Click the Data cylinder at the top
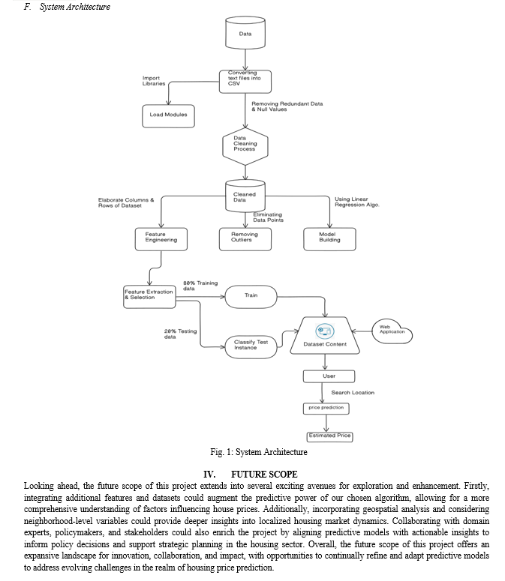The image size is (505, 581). point(245,32)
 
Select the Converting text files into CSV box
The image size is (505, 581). point(245,82)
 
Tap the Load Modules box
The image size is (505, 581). point(168,116)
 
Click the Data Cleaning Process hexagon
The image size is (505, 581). point(245,146)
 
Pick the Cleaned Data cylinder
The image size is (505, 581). point(245,196)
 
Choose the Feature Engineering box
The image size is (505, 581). point(161,239)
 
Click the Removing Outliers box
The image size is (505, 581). point(245,239)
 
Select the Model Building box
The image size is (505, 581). point(329,239)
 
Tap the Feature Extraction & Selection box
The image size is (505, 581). point(149,296)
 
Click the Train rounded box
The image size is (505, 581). point(251,296)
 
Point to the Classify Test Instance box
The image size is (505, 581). point(251,347)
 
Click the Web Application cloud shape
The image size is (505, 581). point(392,331)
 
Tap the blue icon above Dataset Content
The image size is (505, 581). point(325,331)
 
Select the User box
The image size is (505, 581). point(329,376)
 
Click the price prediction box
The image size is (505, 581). point(326,409)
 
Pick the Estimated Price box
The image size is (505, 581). point(329,436)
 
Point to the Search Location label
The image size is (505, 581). point(353,392)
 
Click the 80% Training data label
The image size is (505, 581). point(200,286)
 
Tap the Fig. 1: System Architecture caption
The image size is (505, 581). point(258,452)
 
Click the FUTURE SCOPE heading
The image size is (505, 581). point(264,475)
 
